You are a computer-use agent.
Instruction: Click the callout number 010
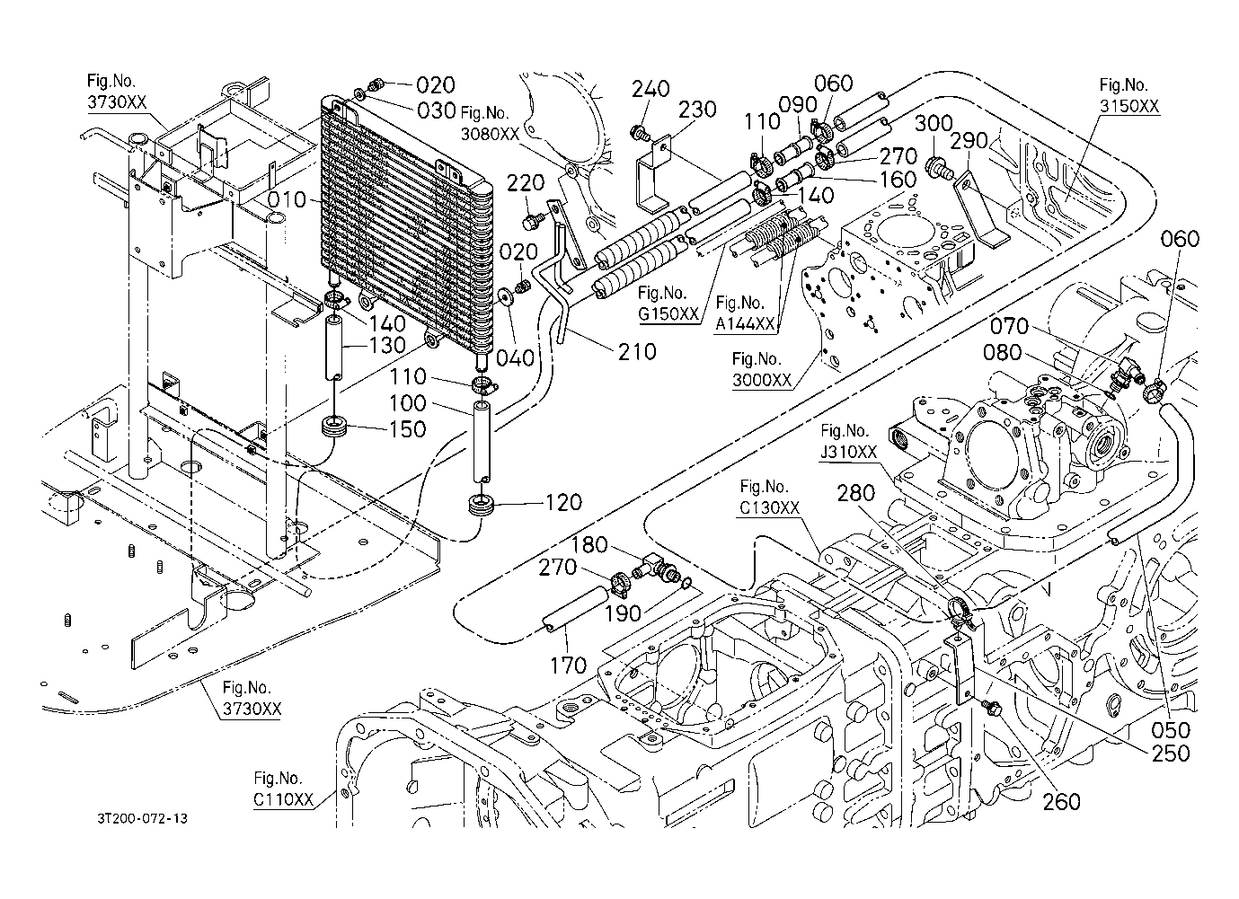click(288, 199)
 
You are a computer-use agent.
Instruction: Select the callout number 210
click(637, 352)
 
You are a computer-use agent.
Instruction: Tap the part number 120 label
click(563, 503)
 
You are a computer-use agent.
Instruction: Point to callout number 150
click(408, 429)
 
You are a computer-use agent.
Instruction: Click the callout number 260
click(1061, 802)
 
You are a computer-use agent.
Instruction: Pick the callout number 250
click(1171, 754)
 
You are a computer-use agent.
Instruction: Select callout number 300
click(934, 123)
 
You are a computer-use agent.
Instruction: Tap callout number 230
click(697, 110)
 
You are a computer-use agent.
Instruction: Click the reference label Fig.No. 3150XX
click(1128, 95)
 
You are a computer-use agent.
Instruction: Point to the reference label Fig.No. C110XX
click(284, 789)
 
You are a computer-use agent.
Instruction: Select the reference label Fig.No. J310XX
click(848, 442)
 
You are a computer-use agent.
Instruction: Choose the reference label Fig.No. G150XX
click(668, 304)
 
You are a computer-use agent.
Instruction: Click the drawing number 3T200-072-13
click(143, 818)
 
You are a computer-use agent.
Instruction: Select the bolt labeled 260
click(991, 707)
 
